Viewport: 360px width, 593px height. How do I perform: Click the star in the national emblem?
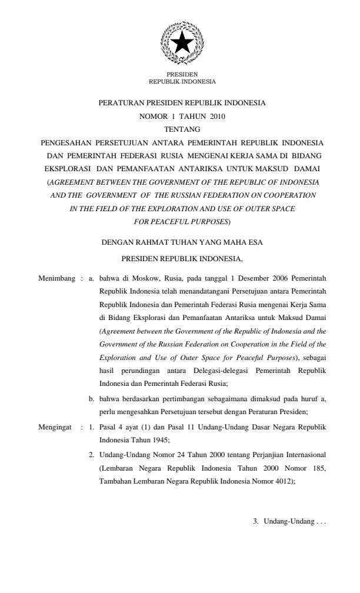182,43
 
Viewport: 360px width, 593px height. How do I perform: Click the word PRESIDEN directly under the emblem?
182,75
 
